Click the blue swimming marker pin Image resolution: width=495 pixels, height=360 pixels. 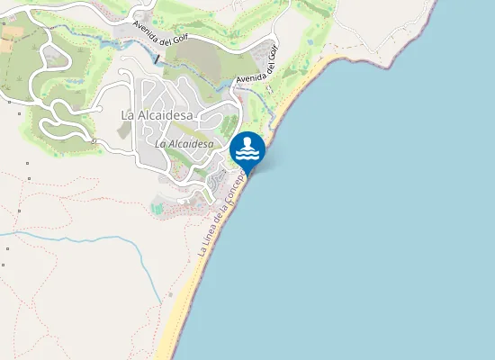[247, 150]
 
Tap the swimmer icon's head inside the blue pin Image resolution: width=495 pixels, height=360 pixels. [247, 142]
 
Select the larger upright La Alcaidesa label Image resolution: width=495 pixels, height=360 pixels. [157, 114]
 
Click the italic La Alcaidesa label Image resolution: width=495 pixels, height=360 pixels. [184, 143]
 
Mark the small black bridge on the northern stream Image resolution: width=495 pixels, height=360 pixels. [157, 59]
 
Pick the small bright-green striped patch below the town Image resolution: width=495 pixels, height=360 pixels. [158, 209]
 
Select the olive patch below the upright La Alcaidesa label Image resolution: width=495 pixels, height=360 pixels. [124, 130]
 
